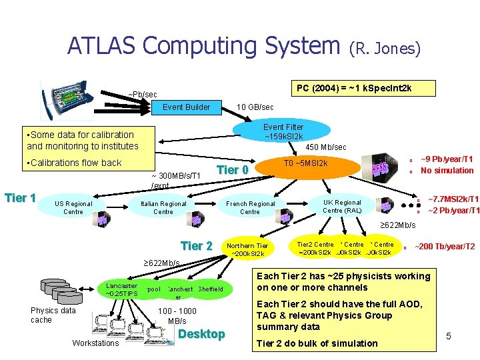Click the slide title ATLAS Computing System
pos(203,46)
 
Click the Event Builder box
pos(186,107)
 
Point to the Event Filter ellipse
pos(283,131)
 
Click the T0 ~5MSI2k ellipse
pos(305,163)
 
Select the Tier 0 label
pos(233,170)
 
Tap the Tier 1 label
pos(20,197)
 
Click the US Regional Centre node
pos(73,207)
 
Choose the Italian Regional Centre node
pos(163,207)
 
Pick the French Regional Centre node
pos(250,207)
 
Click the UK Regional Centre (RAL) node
pos(342,206)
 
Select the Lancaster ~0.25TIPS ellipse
pos(121,289)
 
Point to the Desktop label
pos(202,334)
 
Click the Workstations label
pos(95,343)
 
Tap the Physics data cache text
pos(53,315)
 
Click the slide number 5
pos(449,336)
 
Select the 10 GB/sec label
pos(255,107)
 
